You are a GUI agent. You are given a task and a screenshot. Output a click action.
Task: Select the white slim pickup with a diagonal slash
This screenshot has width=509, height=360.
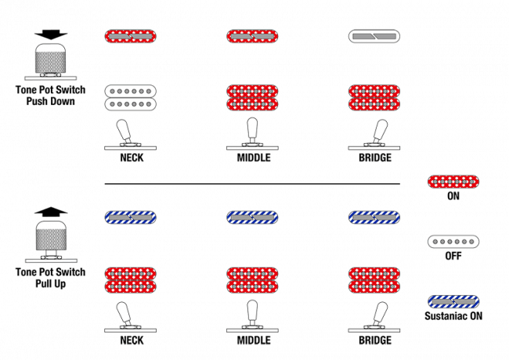tap(374, 36)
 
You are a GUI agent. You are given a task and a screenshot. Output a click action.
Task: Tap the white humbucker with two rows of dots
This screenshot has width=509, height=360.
tap(130, 97)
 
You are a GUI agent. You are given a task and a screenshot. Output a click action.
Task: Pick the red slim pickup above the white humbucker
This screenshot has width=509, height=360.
tap(130, 36)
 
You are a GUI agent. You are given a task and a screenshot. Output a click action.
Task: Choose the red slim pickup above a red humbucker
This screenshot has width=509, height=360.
tap(252, 36)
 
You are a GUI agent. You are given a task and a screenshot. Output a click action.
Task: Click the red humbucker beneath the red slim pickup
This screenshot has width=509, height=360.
tap(252, 97)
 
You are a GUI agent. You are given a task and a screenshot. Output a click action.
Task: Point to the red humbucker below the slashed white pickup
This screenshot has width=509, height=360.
tap(374, 97)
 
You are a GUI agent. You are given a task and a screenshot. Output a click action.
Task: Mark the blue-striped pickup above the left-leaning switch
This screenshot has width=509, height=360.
tap(130, 218)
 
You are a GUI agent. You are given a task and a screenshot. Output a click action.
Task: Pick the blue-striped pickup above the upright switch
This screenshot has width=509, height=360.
tap(252, 218)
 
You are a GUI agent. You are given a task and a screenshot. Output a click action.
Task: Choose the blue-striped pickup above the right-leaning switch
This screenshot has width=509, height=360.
tap(374, 218)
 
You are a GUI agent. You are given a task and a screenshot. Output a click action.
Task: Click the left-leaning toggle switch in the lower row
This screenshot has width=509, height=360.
tap(128, 316)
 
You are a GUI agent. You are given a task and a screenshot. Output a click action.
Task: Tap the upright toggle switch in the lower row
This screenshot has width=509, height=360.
tap(252, 315)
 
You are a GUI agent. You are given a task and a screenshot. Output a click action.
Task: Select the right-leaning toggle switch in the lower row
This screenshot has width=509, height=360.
tap(377, 316)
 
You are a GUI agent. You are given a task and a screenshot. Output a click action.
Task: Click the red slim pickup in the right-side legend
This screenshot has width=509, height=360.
tap(453, 182)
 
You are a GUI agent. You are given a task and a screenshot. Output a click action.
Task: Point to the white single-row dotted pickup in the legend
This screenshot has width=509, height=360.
tap(453, 242)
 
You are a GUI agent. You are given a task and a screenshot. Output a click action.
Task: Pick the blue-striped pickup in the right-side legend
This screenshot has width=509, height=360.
tap(453, 301)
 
